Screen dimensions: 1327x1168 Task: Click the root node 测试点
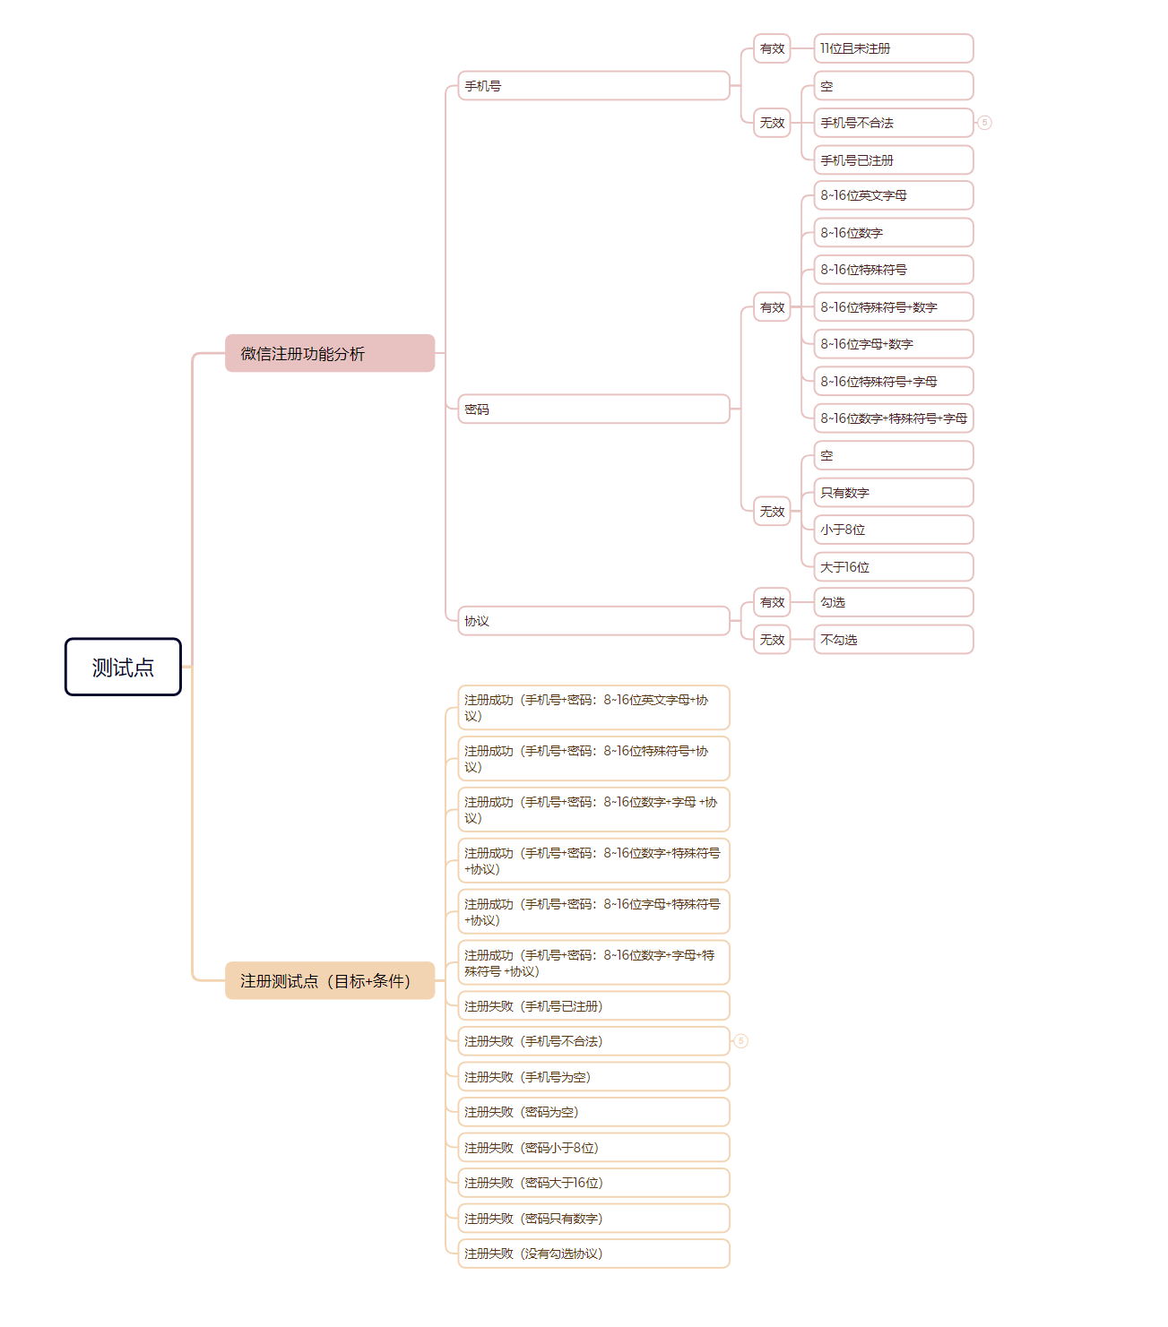click(x=123, y=667)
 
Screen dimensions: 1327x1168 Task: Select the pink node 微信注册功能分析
click(x=329, y=353)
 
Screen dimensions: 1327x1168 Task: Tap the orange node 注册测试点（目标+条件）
click(x=329, y=980)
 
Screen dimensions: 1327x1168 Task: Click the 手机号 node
click(x=593, y=86)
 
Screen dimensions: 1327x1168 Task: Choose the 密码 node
click(x=593, y=409)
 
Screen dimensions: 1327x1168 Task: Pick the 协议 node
click(x=593, y=621)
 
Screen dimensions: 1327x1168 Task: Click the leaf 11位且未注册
click(x=893, y=48)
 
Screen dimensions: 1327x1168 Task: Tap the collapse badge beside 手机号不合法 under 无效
click(x=984, y=123)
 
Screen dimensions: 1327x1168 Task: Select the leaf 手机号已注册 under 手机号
click(x=893, y=160)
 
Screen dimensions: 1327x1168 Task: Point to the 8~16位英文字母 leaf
click(x=893, y=195)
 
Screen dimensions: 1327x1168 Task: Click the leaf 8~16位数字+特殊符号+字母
click(x=893, y=418)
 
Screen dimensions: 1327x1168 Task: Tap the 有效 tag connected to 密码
click(x=772, y=307)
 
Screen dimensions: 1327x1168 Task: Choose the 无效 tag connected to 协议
click(x=772, y=640)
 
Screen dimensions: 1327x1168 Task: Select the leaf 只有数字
click(x=893, y=493)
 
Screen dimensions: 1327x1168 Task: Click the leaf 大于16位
click(x=893, y=567)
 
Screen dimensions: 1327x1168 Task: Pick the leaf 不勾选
click(x=893, y=640)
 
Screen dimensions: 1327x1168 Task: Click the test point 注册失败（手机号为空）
click(x=593, y=1077)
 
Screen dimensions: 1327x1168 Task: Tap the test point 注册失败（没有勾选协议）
click(x=593, y=1254)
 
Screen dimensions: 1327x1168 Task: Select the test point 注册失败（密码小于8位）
click(x=593, y=1148)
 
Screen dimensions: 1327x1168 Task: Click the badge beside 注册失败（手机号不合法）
click(x=740, y=1041)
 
